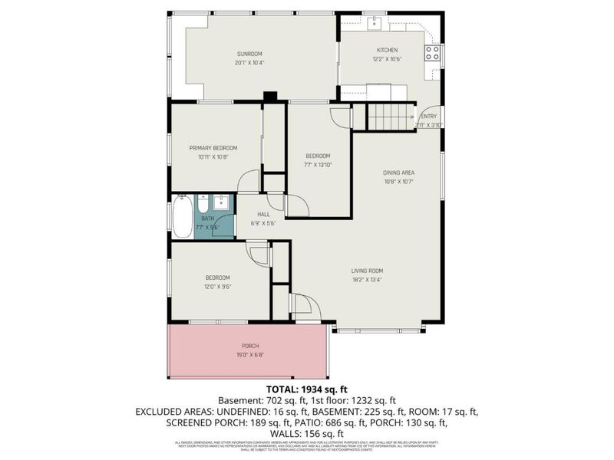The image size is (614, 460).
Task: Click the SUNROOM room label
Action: (x=249, y=54)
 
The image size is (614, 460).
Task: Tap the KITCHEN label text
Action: (x=386, y=50)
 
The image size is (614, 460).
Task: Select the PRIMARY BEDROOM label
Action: (x=213, y=147)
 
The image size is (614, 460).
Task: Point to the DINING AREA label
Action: (x=398, y=172)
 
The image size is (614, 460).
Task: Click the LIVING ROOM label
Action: (x=368, y=271)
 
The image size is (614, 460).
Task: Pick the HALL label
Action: (x=262, y=215)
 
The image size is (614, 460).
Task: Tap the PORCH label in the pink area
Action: (x=250, y=347)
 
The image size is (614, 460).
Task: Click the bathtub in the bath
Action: (x=183, y=218)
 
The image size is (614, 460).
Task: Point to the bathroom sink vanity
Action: (x=222, y=203)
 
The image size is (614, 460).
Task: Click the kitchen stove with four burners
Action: (x=433, y=53)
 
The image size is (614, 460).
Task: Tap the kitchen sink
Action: (x=374, y=23)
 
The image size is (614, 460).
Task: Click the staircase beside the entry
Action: (x=389, y=117)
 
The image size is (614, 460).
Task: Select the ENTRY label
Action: (x=427, y=117)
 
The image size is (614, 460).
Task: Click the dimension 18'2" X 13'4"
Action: (x=368, y=280)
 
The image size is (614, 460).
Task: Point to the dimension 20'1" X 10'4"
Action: (x=249, y=62)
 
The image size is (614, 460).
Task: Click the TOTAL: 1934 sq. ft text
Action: (x=306, y=389)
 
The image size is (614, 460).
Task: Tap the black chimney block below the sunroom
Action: (x=269, y=97)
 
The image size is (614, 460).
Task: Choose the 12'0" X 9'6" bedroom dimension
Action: (x=217, y=287)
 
